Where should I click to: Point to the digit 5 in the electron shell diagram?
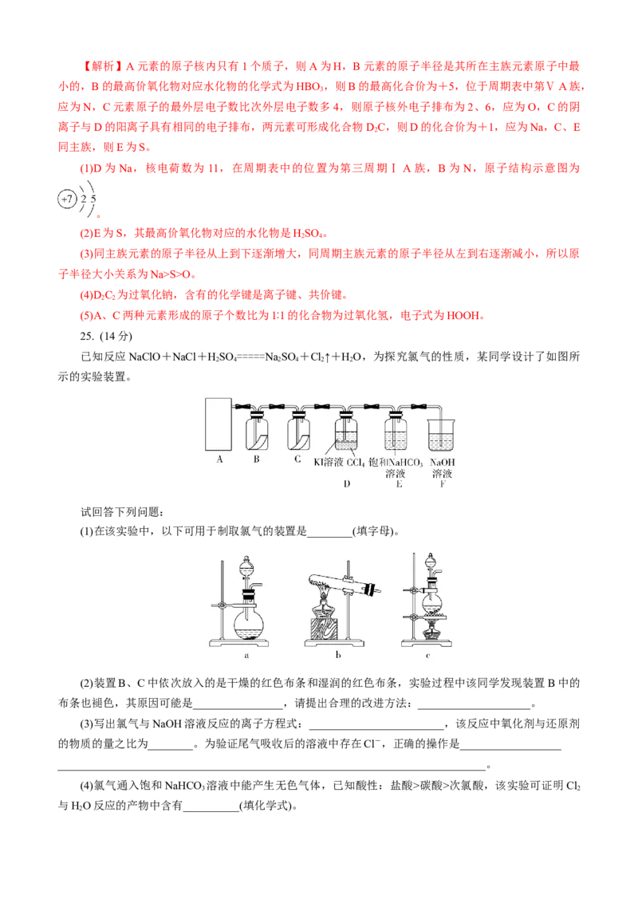[93, 198]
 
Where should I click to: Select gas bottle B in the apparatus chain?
[257, 433]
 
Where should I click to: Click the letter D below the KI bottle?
[346, 484]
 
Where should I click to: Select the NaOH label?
[441, 462]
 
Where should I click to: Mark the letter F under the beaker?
[441, 484]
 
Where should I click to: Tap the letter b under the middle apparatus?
[338, 656]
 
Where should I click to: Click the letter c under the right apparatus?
[427, 656]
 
